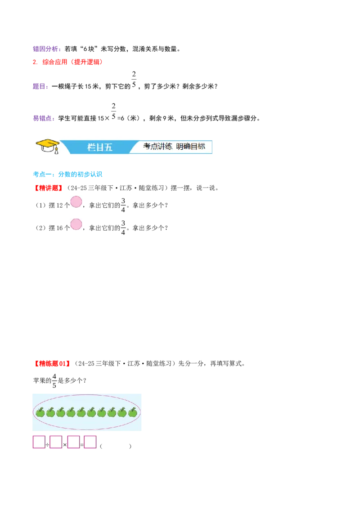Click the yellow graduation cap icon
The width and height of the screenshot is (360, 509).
pyautogui.click(x=48, y=144)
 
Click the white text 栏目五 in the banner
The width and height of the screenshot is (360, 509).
pyautogui.click(x=100, y=147)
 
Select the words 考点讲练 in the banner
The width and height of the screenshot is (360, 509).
pyautogui.click(x=157, y=147)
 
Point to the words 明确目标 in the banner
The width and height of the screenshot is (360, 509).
pyautogui.click(x=191, y=147)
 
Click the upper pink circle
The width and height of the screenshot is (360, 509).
pyautogui.click(x=76, y=202)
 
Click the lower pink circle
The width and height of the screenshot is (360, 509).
pyautogui.click(x=76, y=224)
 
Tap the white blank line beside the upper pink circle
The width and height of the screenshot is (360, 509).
pyautogui.click(x=102, y=199)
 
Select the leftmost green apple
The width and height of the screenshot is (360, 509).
pyautogui.click(x=40, y=412)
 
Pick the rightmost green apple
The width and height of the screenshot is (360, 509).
pyautogui.click(x=132, y=412)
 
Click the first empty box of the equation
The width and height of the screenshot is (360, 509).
pyautogui.click(x=39, y=442)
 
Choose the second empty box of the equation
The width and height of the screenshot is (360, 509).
pyautogui.click(x=56, y=442)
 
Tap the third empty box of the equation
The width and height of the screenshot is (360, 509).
pyautogui.click(x=73, y=442)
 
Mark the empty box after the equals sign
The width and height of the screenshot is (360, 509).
pyautogui.click(x=90, y=442)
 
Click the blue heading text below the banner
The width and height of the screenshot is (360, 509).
pyautogui.click(x=68, y=174)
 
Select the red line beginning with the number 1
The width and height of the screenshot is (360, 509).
pyautogui.click(x=68, y=62)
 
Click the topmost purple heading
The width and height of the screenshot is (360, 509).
pyautogui.click(x=46, y=49)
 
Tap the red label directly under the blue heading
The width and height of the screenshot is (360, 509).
pyautogui.click(x=48, y=188)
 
